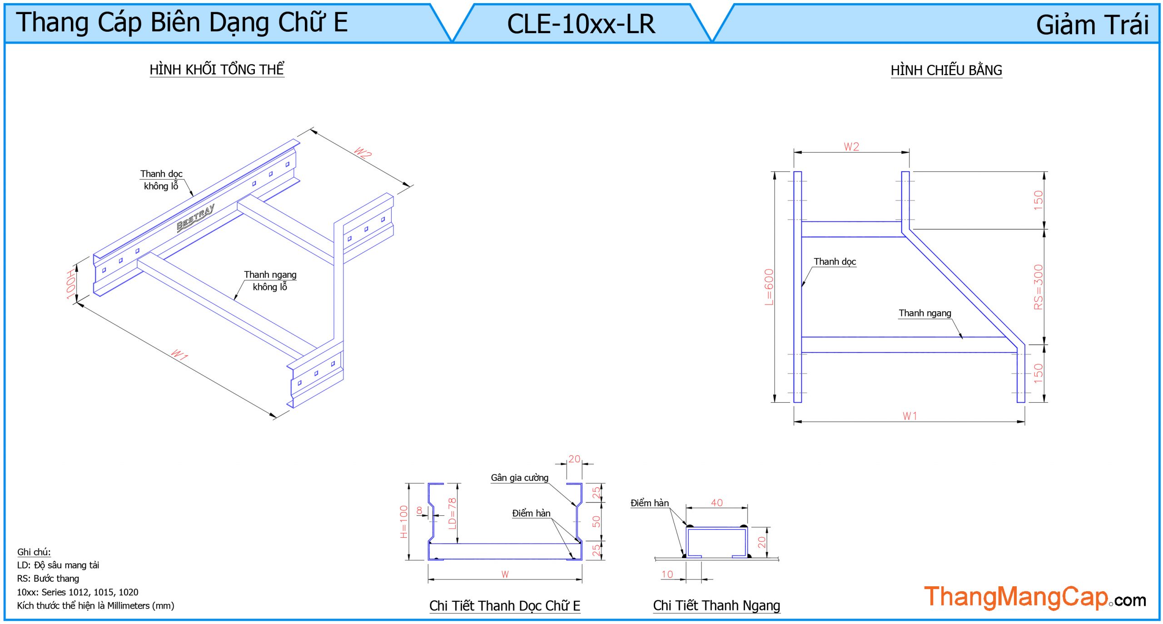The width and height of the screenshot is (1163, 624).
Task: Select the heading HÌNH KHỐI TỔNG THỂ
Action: [x=217, y=70]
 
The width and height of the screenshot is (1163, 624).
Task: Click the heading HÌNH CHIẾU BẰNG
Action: [x=946, y=70]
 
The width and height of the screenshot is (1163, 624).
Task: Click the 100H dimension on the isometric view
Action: [x=70, y=284]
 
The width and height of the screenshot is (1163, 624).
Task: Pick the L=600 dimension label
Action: [x=768, y=287]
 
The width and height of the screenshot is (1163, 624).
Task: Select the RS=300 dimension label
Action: [x=1038, y=287]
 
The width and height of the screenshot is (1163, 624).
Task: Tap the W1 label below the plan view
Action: [x=910, y=416]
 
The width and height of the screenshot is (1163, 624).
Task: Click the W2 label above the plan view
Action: [x=851, y=147]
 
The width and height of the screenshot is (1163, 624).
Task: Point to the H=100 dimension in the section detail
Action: [x=404, y=521]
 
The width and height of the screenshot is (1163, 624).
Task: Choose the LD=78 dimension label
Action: [x=452, y=514]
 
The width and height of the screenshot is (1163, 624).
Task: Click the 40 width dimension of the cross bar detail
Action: [x=716, y=503]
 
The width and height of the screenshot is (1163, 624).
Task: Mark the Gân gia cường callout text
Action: [x=519, y=478]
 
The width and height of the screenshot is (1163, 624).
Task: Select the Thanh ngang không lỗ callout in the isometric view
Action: [x=270, y=280]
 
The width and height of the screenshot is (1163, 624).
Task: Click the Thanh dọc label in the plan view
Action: [x=835, y=262]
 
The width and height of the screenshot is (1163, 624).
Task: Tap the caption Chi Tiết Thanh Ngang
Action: [x=716, y=605]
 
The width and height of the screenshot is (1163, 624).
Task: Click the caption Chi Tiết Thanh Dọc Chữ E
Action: [x=505, y=606]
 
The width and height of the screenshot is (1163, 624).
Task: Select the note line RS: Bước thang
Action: [x=48, y=579]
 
